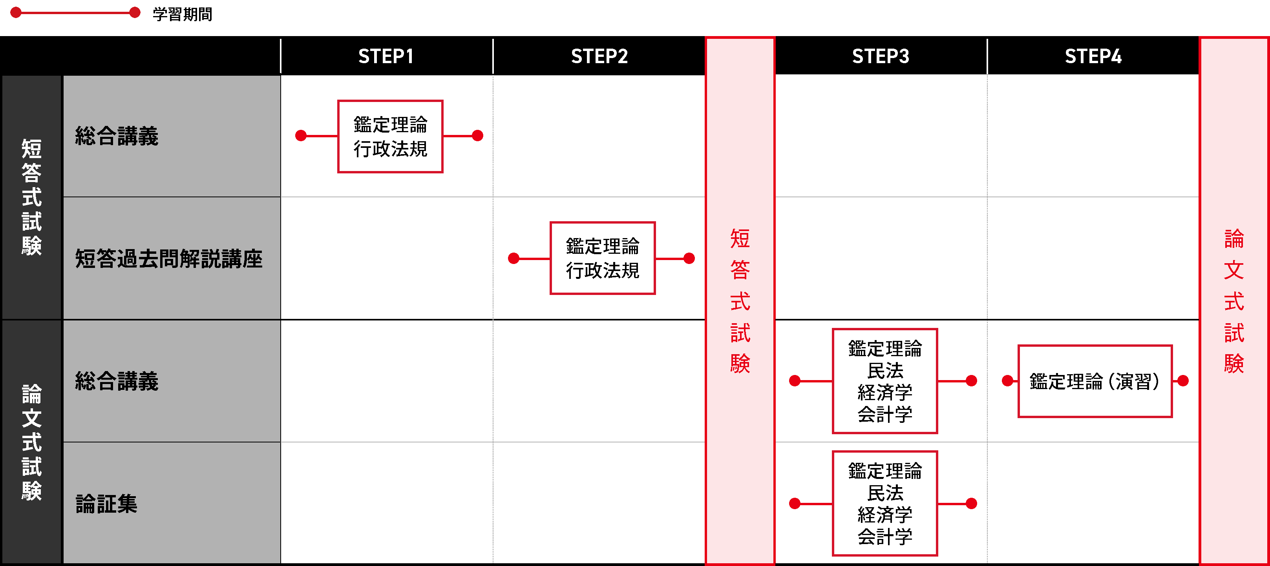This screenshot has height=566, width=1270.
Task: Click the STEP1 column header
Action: (x=386, y=56)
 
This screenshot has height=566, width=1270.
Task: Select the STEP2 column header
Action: (x=599, y=56)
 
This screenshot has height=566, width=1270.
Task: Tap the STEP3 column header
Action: (x=881, y=56)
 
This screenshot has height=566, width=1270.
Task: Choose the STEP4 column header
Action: (x=1093, y=56)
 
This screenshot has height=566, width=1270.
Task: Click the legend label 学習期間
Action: (x=183, y=14)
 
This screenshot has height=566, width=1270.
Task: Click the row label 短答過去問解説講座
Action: (x=168, y=258)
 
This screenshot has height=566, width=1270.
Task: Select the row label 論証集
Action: (x=106, y=504)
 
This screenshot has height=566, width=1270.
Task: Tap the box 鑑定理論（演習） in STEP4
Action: (x=1095, y=381)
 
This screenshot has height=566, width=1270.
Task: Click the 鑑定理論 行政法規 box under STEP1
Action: (x=390, y=136)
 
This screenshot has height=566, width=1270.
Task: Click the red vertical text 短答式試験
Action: (x=740, y=300)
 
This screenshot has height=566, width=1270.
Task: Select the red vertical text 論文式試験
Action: (x=1234, y=300)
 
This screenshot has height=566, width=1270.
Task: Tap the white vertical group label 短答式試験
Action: (x=31, y=197)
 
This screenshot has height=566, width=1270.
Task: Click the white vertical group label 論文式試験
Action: (x=31, y=442)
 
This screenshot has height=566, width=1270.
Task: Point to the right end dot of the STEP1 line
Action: (x=477, y=135)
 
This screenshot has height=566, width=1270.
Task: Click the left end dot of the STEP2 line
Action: (x=514, y=258)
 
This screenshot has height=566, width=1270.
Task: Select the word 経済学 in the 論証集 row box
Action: (x=885, y=515)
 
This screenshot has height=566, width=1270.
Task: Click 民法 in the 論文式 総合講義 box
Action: (x=885, y=370)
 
